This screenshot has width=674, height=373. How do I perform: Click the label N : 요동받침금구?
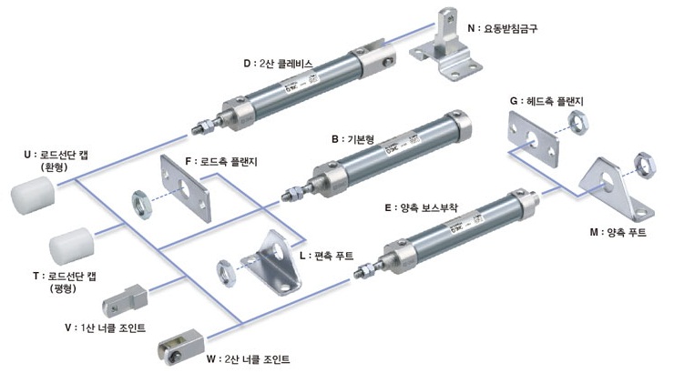(502, 29)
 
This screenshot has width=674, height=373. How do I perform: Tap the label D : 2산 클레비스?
(278, 64)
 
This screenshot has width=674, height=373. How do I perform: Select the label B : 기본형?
(352, 139)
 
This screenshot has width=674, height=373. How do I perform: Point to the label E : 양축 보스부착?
(421, 208)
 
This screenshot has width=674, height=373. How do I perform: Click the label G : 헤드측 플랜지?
(546, 101)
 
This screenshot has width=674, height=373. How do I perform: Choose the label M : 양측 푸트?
(618, 232)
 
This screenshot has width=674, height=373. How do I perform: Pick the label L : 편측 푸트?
(326, 256)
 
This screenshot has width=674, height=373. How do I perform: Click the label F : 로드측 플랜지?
(221, 161)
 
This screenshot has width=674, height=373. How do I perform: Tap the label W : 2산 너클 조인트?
(248, 358)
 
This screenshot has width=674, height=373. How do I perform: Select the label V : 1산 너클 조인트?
(105, 328)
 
